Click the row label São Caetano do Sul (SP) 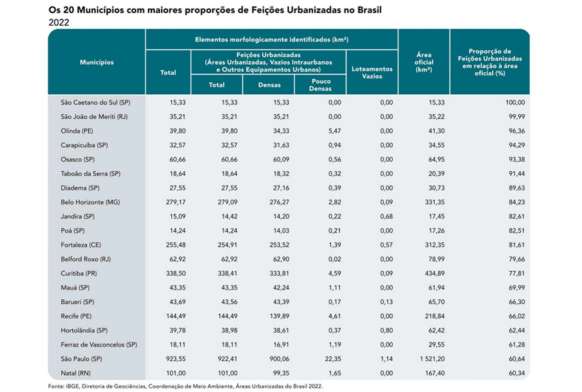tap(95, 103)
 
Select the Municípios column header tap(97, 62)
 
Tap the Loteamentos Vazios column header tap(372, 73)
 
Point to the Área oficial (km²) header tap(424, 62)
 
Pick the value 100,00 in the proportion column tap(515, 103)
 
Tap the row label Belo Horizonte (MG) tap(90, 202)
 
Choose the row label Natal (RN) tap(75, 373)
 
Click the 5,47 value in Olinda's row tap(334, 131)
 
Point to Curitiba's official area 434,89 tap(435, 274)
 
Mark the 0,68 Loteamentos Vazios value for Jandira tap(386, 216)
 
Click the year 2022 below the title tap(59, 23)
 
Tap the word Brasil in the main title tap(370, 10)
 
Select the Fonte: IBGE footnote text tap(185, 386)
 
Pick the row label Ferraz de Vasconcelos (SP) tap(99, 345)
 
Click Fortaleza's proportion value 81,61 tap(517, 245)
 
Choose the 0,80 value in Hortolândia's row tap(386, 330)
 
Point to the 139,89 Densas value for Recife tap(279, 316)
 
